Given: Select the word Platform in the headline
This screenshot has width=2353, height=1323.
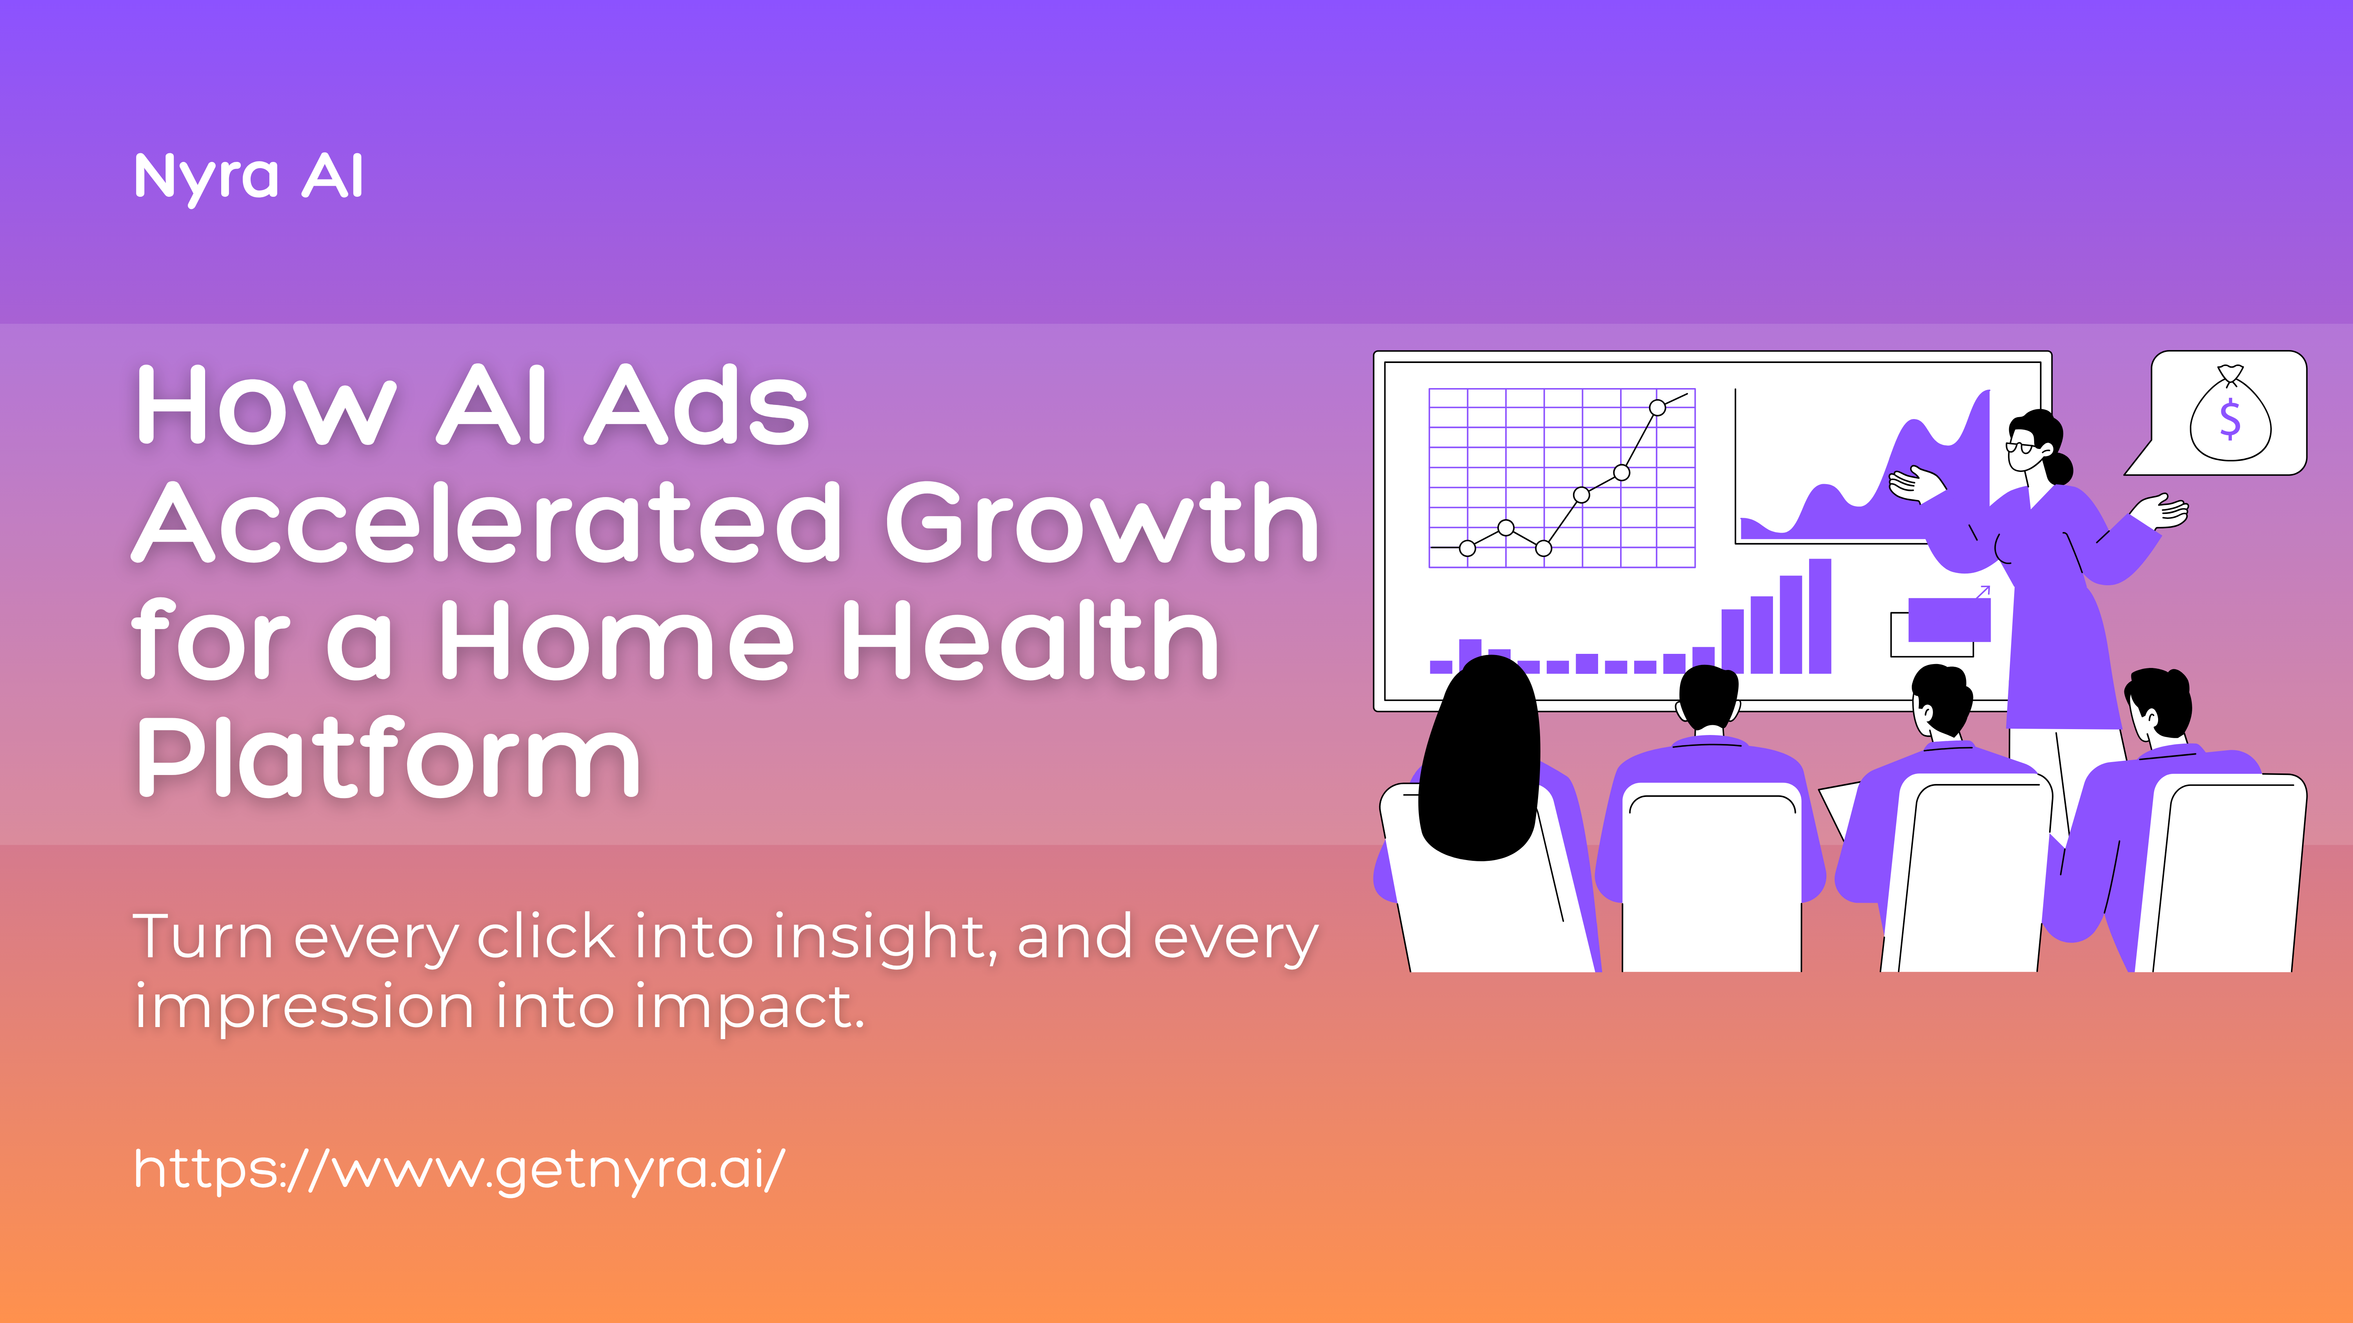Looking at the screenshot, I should point(388,758).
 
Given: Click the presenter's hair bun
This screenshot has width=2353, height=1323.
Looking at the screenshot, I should point(2060,468).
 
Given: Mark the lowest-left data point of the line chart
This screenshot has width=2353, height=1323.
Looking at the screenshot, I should point(1467,548).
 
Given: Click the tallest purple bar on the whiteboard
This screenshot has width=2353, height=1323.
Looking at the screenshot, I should point(1820,616).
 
